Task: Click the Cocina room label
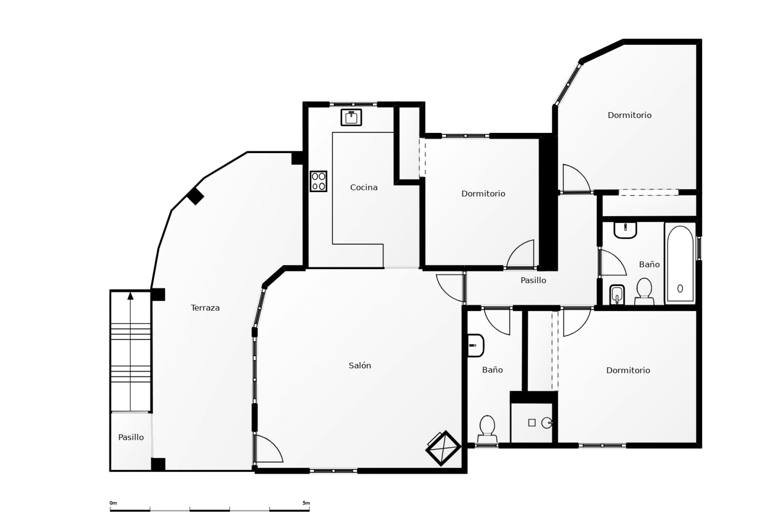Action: click(x=364, y=187)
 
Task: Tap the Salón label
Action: click(x=360, y=366)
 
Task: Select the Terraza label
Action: click(x=205, y=308)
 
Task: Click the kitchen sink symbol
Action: click(x=351, y=117)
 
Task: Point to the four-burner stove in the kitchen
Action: click(x=318, y=181)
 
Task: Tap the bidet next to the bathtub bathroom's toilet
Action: click(x=617, y=295)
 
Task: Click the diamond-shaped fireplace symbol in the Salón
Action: click(x=443, y=448)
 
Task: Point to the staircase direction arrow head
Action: click(x=130, y=296)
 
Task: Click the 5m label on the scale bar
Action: click(x=306, y=503)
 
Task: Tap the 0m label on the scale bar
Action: click(x=113, y=503)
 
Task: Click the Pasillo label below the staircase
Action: click(x=131, y=438)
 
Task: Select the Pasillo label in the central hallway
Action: click(x=533, y=280)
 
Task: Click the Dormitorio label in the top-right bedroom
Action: click(x=629, y=115)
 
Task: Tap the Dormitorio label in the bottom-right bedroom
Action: click(x=628, y=370)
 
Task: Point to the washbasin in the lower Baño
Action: click(x=475, y=345)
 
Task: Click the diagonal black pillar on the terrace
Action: click(x=195, y=196)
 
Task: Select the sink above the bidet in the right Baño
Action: click(x=625, y=230)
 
